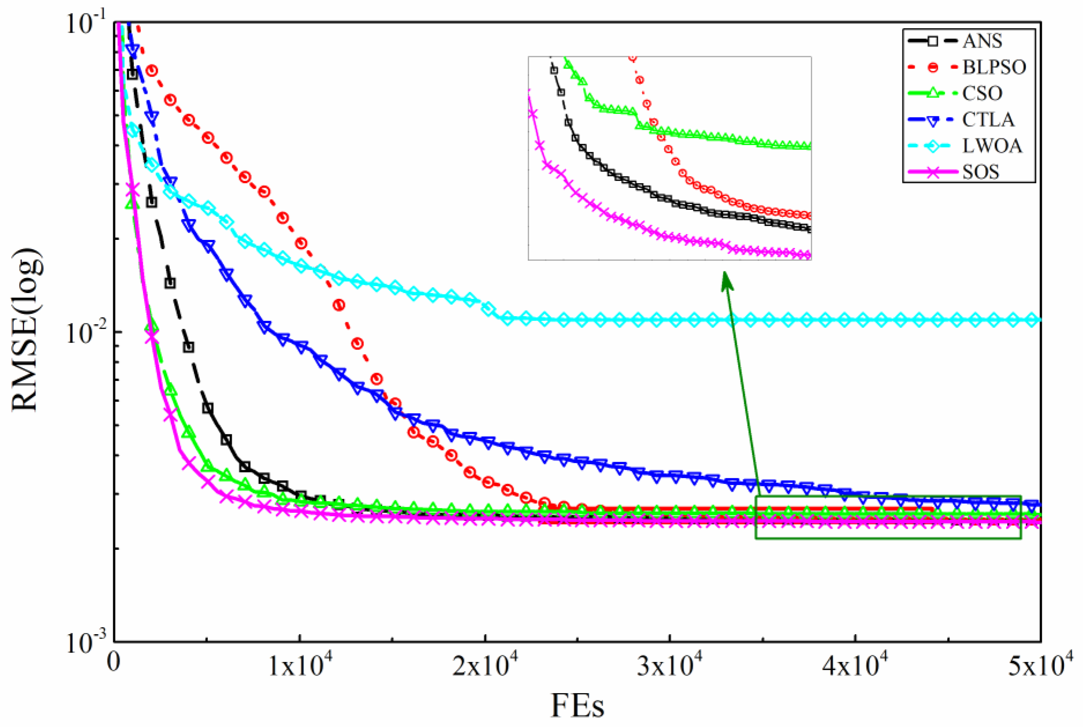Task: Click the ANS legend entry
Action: (x=981, y=41)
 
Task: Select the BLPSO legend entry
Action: (x=994, y=68)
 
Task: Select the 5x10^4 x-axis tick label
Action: (x=1038, y=668)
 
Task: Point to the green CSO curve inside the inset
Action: (x=719, y=137)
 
